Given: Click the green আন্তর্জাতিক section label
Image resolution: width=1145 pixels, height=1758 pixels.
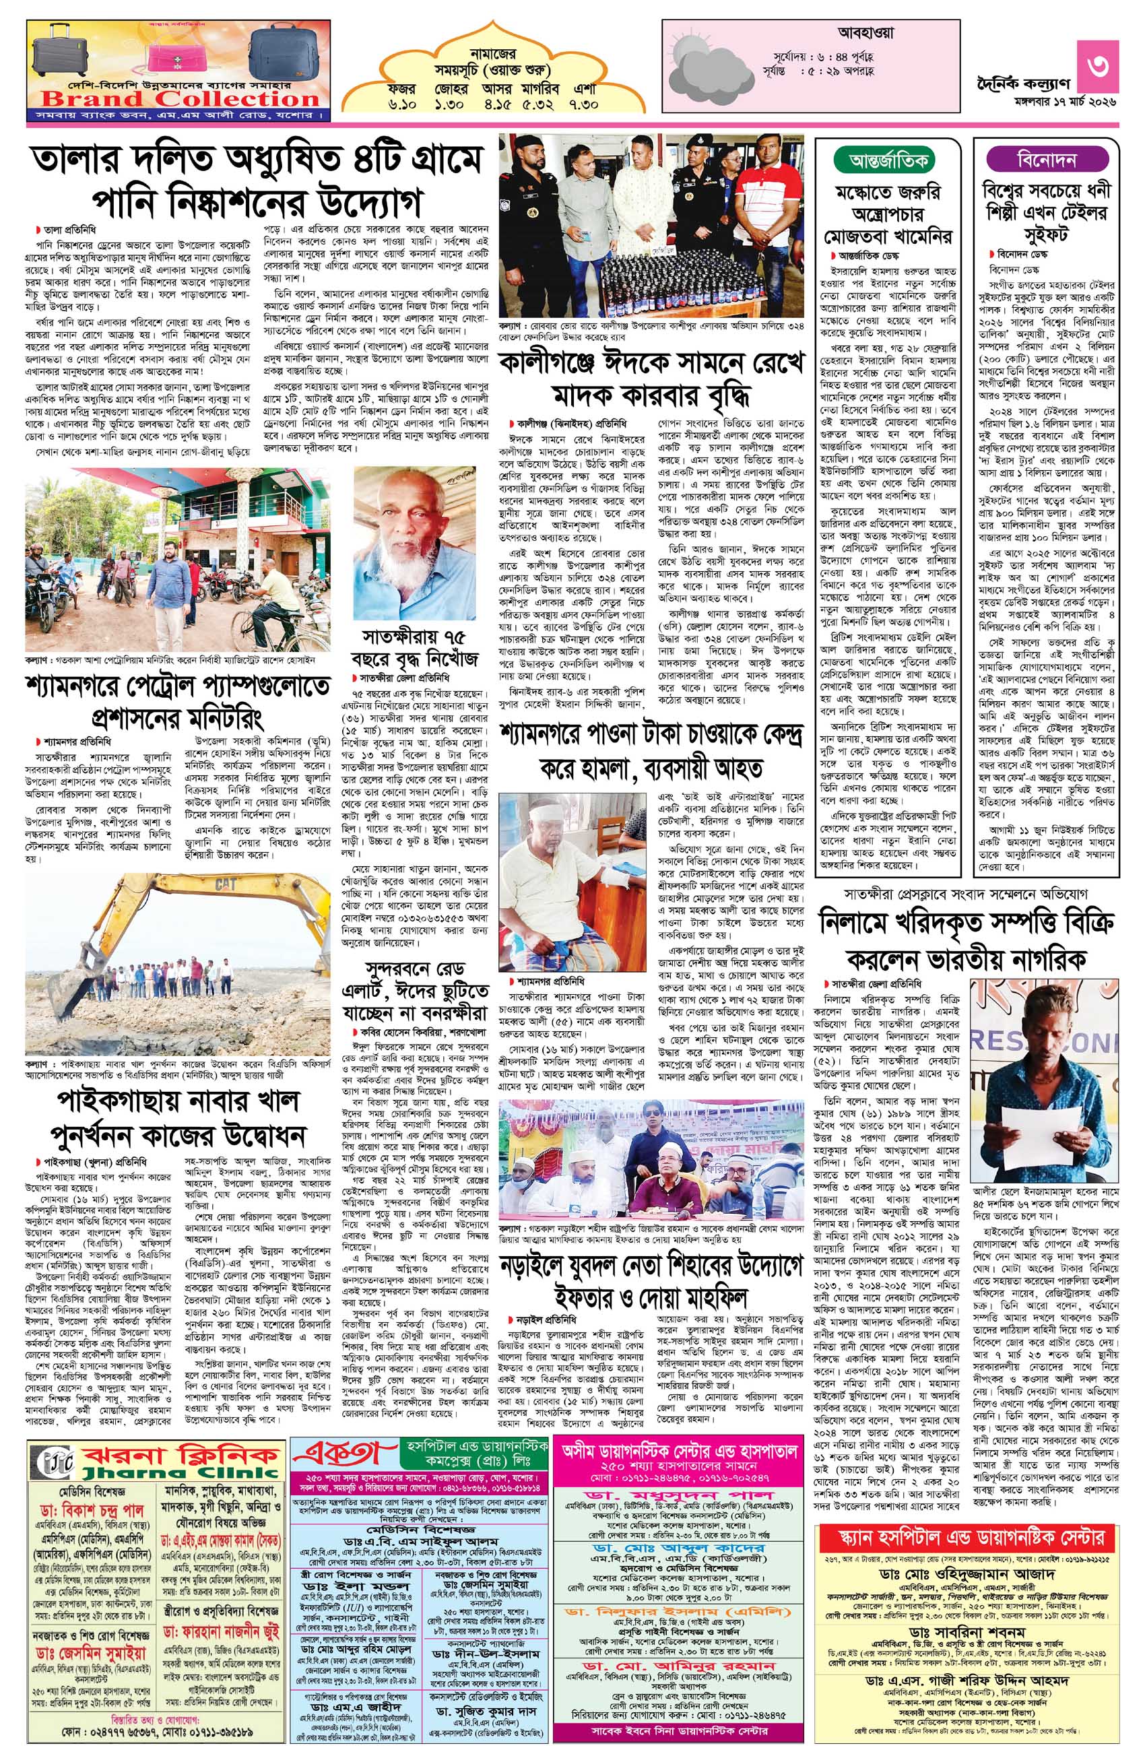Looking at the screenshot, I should tap(884, 160).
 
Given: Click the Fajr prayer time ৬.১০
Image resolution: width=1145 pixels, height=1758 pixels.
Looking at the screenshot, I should tap(404, 105).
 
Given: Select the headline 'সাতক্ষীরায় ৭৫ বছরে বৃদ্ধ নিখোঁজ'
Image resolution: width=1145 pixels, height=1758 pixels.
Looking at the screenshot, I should tap(414, 645).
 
